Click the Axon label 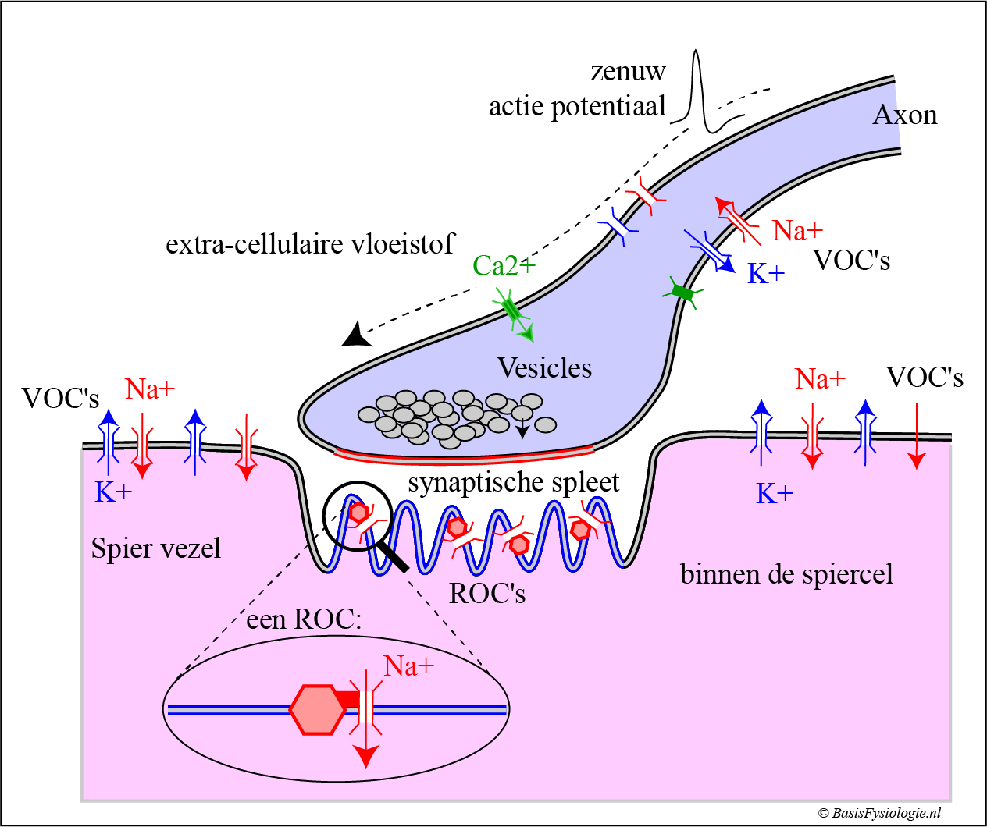coord(904,115)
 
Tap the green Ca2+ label coord(504,266)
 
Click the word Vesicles coord(544,368)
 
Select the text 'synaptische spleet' coord(513,483)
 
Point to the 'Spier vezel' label coord(156,548)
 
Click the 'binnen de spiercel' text coord(786,574)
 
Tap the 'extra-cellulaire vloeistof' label coord(309,244)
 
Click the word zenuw coord(628,72)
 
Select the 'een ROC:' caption coord(304,620)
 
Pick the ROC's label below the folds coord(487,594)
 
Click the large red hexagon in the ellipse coord(317,709)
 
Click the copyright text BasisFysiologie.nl coord(880,813)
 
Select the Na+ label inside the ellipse coord(408,666)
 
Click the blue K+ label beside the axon coord(766,274)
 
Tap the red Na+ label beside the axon coord(797,231)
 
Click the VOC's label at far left coord(60,399)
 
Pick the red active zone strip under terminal coord(465,455)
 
